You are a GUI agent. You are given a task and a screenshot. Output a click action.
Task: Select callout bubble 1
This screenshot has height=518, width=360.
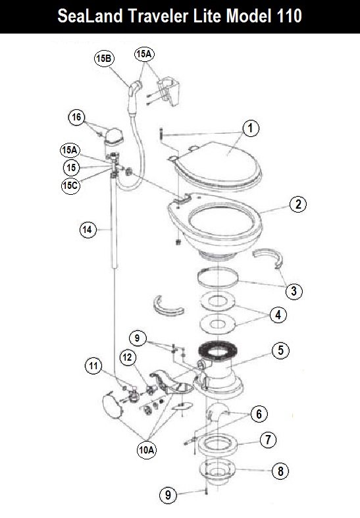[x=250, y=128]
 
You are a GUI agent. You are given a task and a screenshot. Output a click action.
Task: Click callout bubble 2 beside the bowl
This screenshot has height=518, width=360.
[x=298, y=204]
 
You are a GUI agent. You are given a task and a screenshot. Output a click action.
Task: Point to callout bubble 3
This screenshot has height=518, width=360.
[x=294, y=291]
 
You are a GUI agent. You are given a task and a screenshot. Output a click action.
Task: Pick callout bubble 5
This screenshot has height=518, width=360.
[x=280, y=350]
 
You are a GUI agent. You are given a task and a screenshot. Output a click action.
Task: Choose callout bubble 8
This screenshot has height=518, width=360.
[x=280, y=471]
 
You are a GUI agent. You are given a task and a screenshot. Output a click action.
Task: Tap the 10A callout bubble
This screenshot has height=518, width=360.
[x=147, y=450]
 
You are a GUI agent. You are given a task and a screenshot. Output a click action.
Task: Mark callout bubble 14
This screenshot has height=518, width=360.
[x=88, y=229]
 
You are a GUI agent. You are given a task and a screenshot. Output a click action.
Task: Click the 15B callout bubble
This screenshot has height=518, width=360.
[x=104, y=59]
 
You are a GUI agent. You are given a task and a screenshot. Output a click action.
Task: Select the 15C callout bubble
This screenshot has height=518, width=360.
[x=70, y=186]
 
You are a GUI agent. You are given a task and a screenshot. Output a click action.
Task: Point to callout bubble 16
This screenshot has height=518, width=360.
[x=76, y=117]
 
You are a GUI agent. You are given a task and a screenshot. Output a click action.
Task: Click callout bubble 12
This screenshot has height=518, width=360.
[x=128, y=357]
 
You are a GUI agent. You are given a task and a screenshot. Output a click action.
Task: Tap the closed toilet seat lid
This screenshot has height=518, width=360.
[x=218, y=164]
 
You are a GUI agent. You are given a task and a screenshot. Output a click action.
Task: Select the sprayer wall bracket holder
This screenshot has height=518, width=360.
[x=168, y=91]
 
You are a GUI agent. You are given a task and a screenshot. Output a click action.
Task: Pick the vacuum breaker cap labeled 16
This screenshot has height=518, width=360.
[x=114, y=136]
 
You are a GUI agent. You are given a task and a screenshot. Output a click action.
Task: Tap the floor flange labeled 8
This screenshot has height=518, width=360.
[x=217, y=473]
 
